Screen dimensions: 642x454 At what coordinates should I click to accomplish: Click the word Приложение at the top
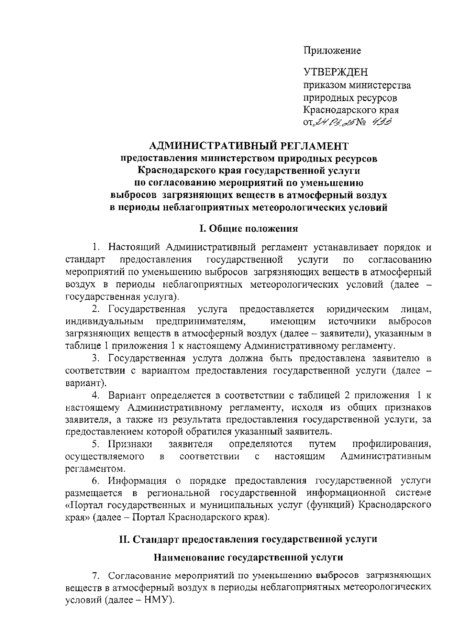[332, 51]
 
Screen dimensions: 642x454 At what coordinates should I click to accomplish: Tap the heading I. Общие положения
[249, 229]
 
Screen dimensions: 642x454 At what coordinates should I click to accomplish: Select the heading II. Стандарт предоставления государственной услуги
[248, 539]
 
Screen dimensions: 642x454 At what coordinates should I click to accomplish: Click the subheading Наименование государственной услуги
[249, 557]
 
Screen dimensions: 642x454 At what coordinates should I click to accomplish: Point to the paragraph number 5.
[96, 444]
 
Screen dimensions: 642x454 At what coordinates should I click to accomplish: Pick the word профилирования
[392, 444]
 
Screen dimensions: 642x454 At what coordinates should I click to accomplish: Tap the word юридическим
[357, 309]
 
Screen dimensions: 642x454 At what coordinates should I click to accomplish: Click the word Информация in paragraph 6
[137, 481]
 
